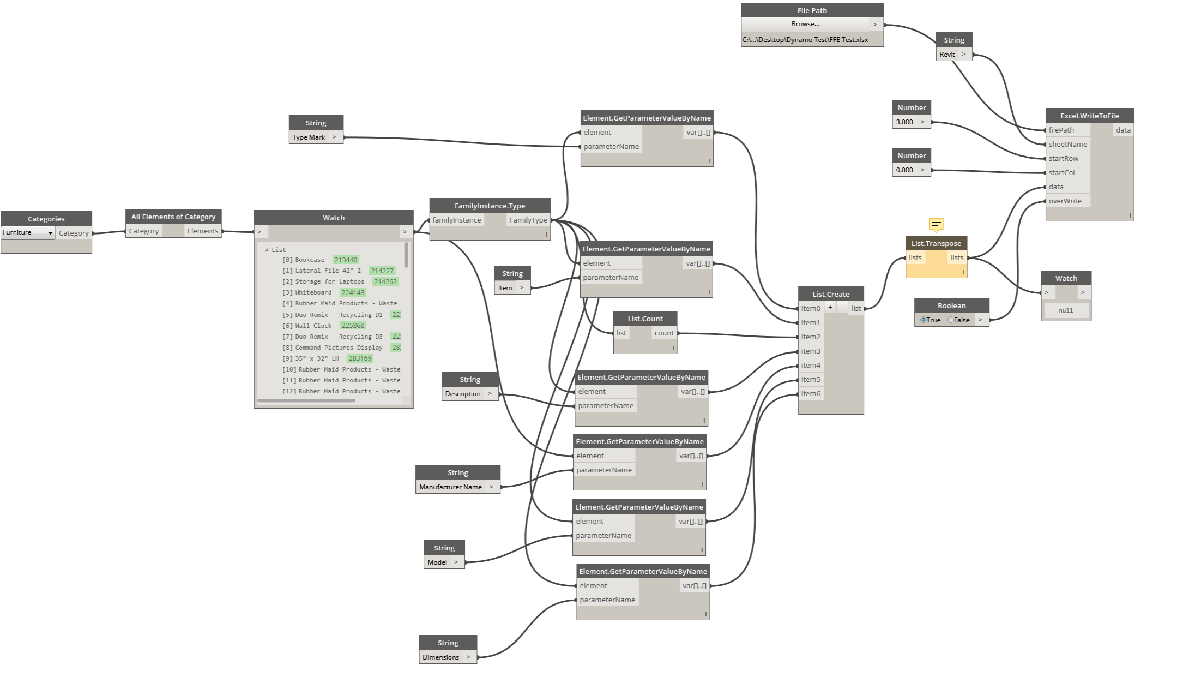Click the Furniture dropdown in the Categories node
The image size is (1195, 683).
28,232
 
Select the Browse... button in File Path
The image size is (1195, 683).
805,24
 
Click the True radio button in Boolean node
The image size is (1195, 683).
924,320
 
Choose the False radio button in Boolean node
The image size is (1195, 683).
951,320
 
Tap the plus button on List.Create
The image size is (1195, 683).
830,308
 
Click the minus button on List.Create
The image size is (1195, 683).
842,308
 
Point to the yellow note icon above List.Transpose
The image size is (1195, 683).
936,224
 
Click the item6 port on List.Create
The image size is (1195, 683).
811,393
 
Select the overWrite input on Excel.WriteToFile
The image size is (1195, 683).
1065,201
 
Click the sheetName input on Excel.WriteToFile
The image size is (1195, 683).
1067,144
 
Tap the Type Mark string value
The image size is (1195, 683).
309,137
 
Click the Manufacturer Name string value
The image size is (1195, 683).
450,487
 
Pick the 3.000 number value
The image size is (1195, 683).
904,122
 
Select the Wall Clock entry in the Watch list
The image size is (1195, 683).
313,326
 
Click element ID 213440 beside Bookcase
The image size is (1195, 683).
346,260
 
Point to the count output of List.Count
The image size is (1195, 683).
664,333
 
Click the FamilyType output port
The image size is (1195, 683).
528,220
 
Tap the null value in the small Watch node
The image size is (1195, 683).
1066,310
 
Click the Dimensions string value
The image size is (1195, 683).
440,657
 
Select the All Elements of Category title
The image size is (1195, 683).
173,217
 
